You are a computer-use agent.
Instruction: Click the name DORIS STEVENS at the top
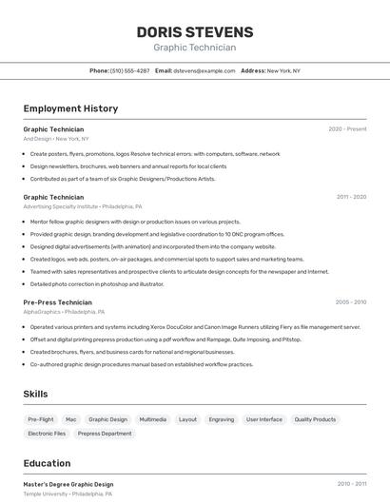[x=195, y=31]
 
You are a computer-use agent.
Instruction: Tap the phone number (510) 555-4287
[x=129, y=70]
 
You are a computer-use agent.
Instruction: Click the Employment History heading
[x=70, y=108]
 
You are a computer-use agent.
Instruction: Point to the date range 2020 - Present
[x=347, y=128]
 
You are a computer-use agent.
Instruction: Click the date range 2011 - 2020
[x=351, y=197]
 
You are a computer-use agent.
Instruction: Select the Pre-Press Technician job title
[x=57, y=302]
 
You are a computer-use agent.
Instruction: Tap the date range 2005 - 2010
[x=351, y=302]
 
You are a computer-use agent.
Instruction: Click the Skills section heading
[x=36, y=394]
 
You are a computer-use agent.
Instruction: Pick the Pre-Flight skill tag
[x=41, y=419]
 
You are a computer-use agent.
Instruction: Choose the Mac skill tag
[x=71, y=419]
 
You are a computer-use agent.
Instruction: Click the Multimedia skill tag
[x=152, y=419]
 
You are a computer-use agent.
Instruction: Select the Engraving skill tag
[x=222, y=419]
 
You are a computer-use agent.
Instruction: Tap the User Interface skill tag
[x=264, y=419]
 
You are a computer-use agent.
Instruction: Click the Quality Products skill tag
[x=315, y=419]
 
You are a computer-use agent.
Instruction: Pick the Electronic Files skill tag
[x=47, y=434]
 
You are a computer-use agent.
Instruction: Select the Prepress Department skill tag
[x=105, y=434]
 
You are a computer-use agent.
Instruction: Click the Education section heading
[x=47, y=464]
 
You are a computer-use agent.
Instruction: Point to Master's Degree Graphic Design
[x=68, y=484]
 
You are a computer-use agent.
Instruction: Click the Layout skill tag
[x=187, y=419]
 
